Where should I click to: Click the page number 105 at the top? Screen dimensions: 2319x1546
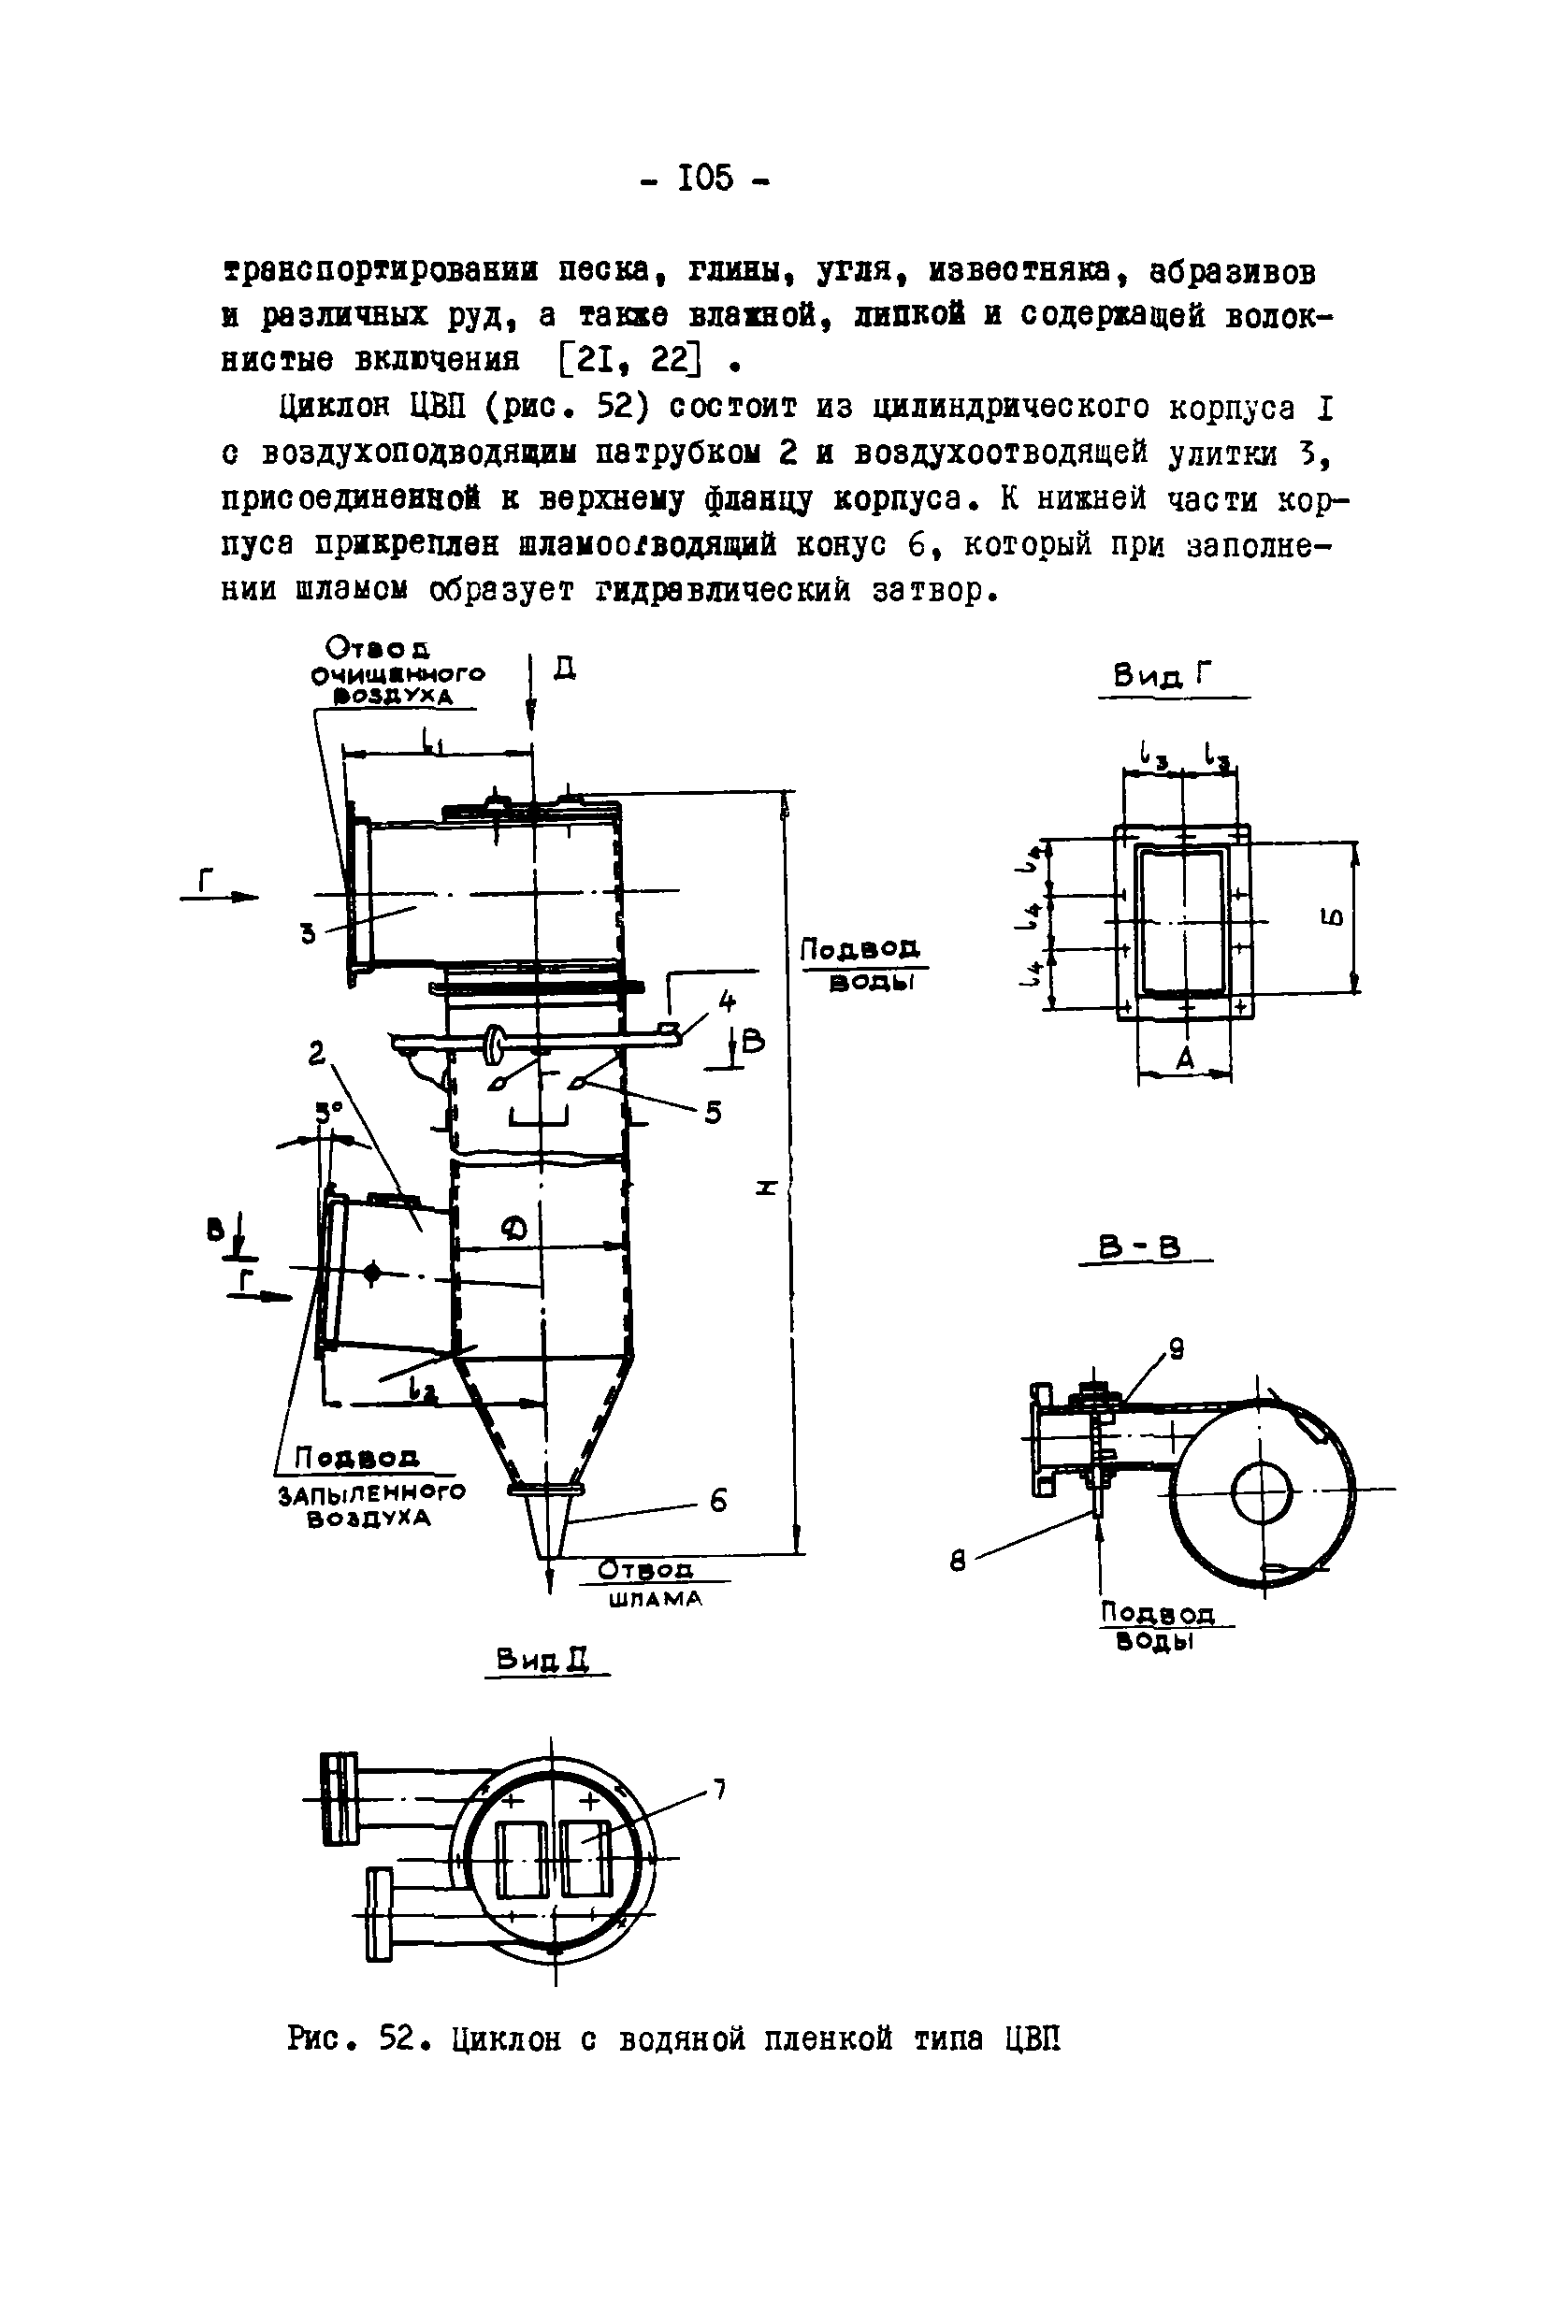pyautogui.click(x=706, y=179)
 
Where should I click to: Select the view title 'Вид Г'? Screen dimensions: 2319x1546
pyautogui.click(x=1162, y=677)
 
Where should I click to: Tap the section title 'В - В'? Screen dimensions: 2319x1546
pyautogui.click(x=1144, y=1246)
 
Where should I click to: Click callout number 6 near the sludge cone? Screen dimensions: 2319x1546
pyautogui.click(x=717, y=1501)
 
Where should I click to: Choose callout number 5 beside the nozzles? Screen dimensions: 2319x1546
pyautogui.click(x=713, y=1112)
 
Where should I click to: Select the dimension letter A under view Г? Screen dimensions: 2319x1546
pyautogui.click(x=1185, y=1059)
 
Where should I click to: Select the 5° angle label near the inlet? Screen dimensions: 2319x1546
pyautogui.click(x=327, y=1112)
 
